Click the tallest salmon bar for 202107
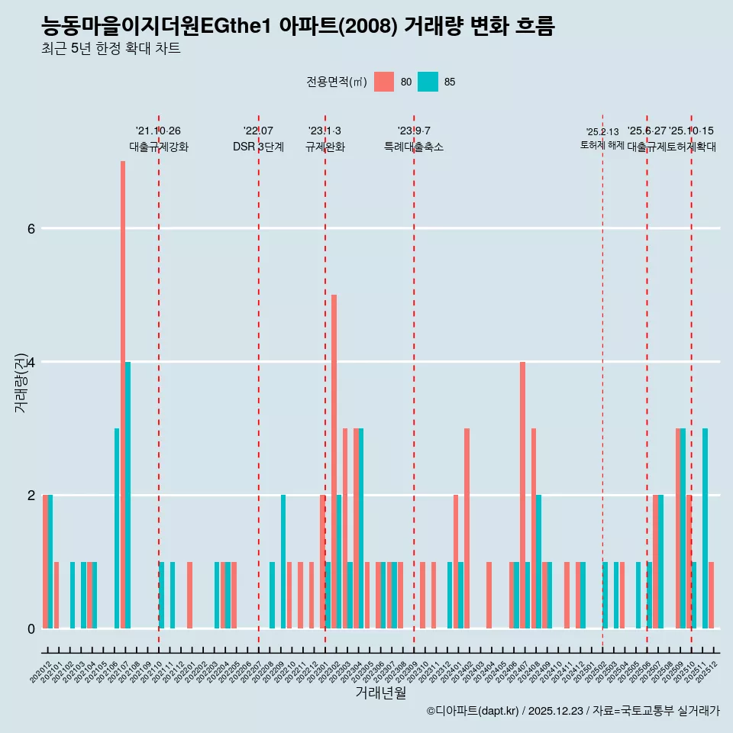click(x=122, y=394)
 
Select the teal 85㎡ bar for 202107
click(x=128, y=495)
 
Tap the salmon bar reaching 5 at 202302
click(x=334, y=461)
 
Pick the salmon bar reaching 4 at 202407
click(x=522, y=495)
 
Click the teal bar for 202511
click(x=705, y=528)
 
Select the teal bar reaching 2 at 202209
click(x=283, y=561)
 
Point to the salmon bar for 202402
click(x=467, y=528)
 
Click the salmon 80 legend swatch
click(x=384, y=82)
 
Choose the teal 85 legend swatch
click(x=428, y=82)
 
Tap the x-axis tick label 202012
click(x=41, y=670)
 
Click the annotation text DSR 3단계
click(x=258, y=147)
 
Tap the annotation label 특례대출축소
click(x=413, y=147)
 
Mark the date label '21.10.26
click(x=158, y=131)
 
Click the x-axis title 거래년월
click(x=380, y=693)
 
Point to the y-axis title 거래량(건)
click(x=21, y=383)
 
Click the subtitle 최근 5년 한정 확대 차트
click(x=111, y=49)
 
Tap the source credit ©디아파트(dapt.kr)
click(x=472, y=711)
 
